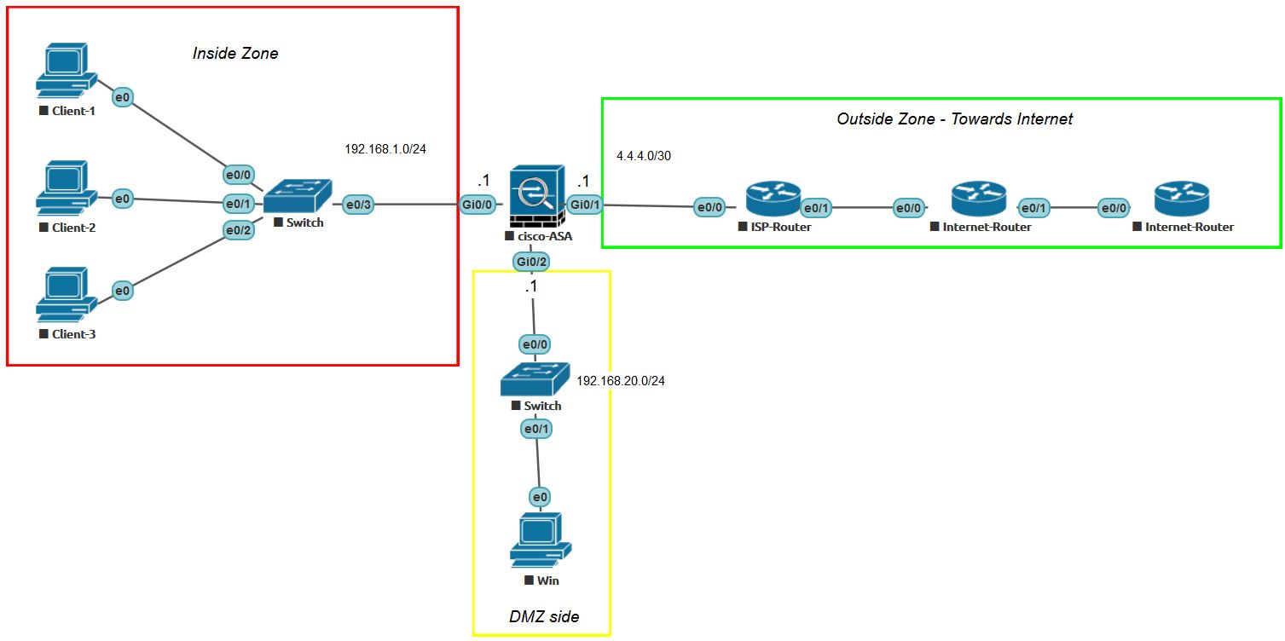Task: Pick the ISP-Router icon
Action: pos(773,199)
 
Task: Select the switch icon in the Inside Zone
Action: pos(297,197)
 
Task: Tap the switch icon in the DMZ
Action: pos(535,378)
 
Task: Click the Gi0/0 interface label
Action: pos(478,205)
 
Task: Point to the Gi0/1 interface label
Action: pos(585,205)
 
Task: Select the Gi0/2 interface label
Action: pos(531,261)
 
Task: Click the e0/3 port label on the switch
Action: pos(358,205)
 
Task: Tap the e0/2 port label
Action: pos(239,230)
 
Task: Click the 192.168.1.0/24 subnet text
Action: pos(385,149)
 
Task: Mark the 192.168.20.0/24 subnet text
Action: pos(621,381)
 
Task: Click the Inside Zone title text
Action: pos(235,54)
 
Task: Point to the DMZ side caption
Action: pos(543,616)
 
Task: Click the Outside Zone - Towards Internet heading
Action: pos(954,118)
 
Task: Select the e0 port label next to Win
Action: pos(539,496)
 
